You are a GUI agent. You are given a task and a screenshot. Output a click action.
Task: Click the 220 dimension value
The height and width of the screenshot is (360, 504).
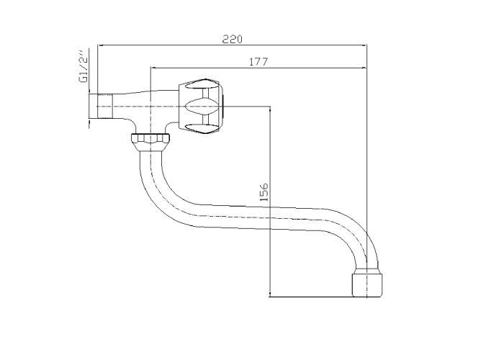point(233,39)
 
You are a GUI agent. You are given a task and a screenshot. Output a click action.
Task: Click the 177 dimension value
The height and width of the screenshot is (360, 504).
point(258,62)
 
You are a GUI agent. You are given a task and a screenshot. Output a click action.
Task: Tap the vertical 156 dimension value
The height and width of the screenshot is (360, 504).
point(264,192)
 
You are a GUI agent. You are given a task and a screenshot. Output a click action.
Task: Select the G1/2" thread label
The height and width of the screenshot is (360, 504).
point(84,66)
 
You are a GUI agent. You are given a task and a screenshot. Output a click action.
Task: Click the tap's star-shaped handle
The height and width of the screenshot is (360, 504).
point(201,107)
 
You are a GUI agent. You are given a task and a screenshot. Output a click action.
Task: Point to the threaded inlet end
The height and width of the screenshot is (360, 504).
point(104,107)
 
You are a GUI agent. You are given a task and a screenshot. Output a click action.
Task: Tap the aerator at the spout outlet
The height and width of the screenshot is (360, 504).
point(367,285)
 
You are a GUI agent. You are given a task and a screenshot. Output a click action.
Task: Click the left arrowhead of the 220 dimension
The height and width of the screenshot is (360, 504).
point(100,45)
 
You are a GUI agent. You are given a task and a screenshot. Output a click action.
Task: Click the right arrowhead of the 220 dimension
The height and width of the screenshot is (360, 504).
point(364,45)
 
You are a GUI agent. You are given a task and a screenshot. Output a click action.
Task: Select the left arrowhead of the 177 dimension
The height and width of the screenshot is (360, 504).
point(153,68)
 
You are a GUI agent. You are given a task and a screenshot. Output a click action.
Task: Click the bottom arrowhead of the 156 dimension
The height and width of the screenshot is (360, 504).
point(270,294)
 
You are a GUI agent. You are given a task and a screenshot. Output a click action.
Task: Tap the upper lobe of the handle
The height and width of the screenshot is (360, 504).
point(201,84)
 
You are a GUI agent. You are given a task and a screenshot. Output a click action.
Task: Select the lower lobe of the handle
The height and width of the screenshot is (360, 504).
point(201,129)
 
